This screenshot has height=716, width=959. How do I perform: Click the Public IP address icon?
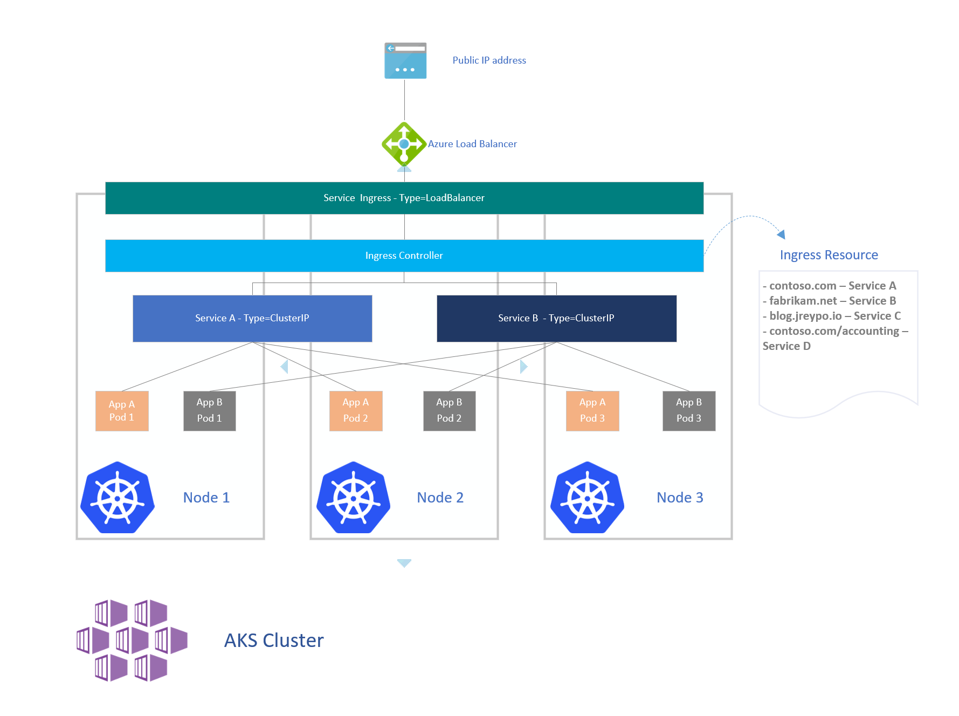point(405,60)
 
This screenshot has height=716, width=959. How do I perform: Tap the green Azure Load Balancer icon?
point(404,144)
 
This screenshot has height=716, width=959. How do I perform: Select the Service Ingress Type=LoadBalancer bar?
point(404,198)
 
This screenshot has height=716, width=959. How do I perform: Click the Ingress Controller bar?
point(404,256)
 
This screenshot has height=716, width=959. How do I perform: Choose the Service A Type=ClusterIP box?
point(252,318)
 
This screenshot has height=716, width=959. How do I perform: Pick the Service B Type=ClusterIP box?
point(556,318)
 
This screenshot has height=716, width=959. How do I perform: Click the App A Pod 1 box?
point(122,411)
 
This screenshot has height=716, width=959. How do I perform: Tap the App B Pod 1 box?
point(209,411)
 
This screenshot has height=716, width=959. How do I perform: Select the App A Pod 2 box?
point(356,411)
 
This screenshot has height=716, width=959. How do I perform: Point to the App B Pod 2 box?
point(449,411)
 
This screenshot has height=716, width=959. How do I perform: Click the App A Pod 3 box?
point(592,411)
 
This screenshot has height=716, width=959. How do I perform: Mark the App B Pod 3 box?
point(689,411)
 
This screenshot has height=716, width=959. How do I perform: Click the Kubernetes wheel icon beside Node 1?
point(118,498)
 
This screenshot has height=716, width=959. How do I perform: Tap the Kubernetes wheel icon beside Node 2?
point(354,498)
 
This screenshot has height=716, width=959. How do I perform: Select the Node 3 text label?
point(680,498)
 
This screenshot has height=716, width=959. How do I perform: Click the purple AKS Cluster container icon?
point(132,641)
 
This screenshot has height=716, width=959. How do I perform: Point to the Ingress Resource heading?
point(829,255)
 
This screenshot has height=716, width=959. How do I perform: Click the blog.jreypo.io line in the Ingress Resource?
point(831,316)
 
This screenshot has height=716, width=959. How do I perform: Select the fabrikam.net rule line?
point(829,301)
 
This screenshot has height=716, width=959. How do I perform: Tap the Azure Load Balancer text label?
point(472,144)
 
